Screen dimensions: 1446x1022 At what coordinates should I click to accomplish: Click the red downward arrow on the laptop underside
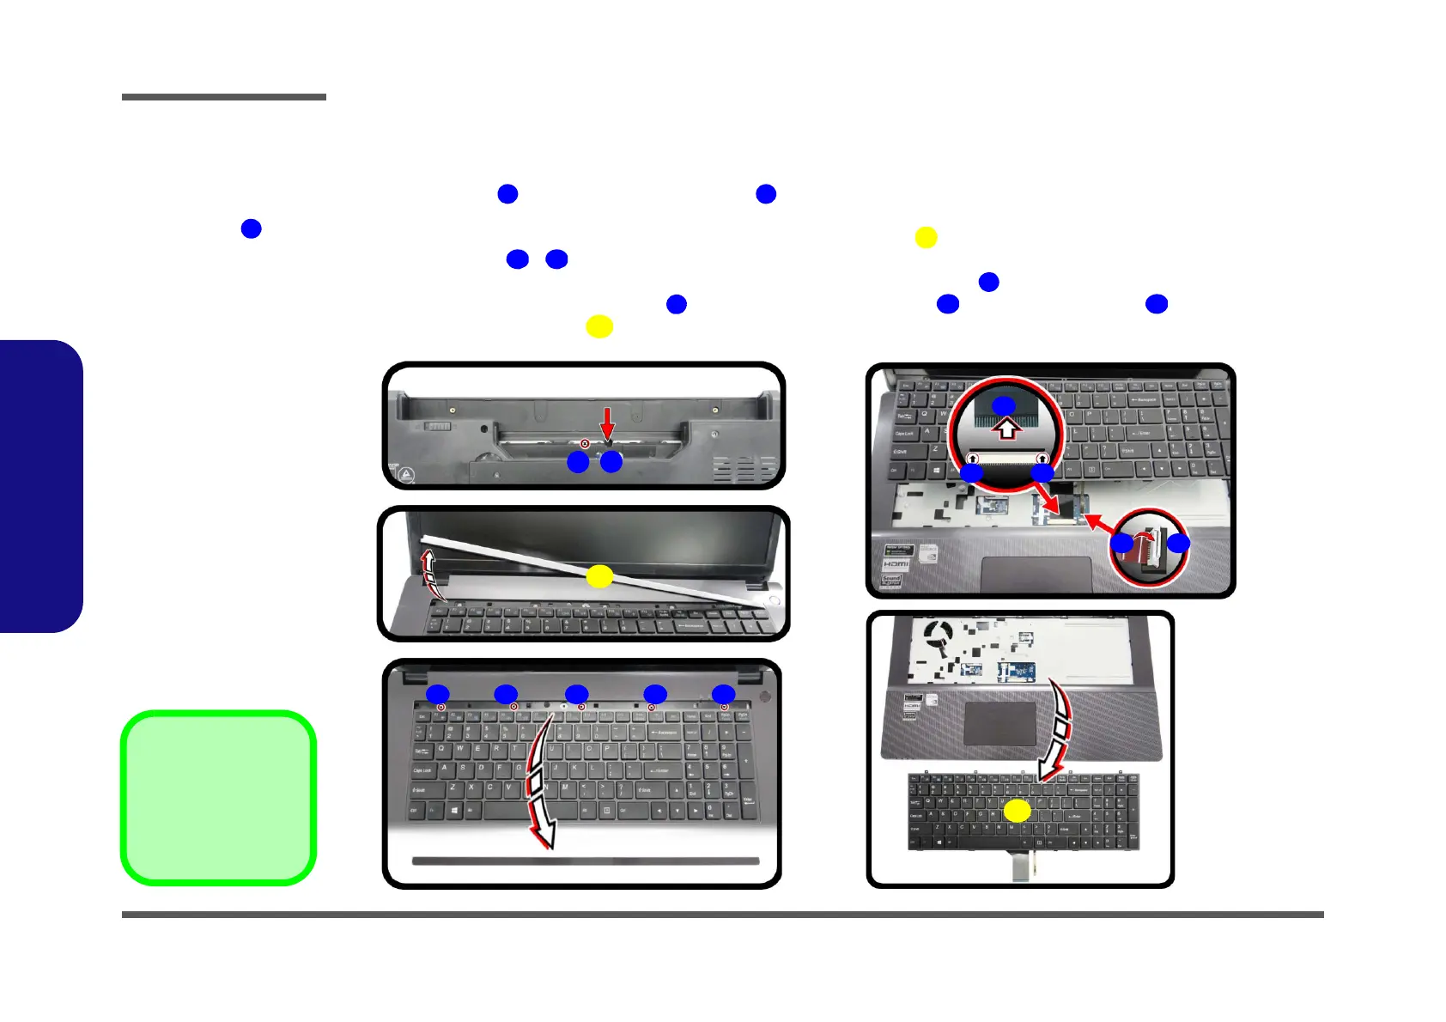pos(607,423)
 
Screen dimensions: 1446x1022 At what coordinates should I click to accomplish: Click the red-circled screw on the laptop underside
pos(586,444)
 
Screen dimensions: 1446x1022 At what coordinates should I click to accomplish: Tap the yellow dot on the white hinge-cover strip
pos(599,577)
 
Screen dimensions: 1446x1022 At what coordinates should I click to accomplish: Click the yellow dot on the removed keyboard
pos(1018,811)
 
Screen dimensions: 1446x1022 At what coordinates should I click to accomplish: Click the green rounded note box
pos(219,798)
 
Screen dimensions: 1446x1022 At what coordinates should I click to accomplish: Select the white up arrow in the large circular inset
pos(1007,428)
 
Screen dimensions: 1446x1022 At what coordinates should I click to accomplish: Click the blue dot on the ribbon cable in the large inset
pos(1004,405)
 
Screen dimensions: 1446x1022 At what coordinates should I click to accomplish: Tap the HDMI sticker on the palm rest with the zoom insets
pos(896,563)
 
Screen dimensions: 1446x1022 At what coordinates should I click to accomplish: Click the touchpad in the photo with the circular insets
pos(1036,574)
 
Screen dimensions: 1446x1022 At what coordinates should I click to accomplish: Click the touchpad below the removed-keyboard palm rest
pos(1000,724)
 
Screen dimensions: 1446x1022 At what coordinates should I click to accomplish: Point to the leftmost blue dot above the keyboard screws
pos(438,694)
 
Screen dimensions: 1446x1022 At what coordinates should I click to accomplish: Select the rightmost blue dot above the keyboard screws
pos(724,694)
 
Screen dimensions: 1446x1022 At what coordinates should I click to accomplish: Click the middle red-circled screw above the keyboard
pos(581,707)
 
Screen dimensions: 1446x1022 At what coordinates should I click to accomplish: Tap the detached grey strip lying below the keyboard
pos(586,861)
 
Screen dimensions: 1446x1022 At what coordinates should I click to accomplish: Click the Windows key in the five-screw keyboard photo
pos(453,809)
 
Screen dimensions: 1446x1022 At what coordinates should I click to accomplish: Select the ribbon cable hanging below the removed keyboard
pos(1020,867)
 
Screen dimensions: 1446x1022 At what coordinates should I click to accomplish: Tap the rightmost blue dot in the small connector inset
pos(1179,543)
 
